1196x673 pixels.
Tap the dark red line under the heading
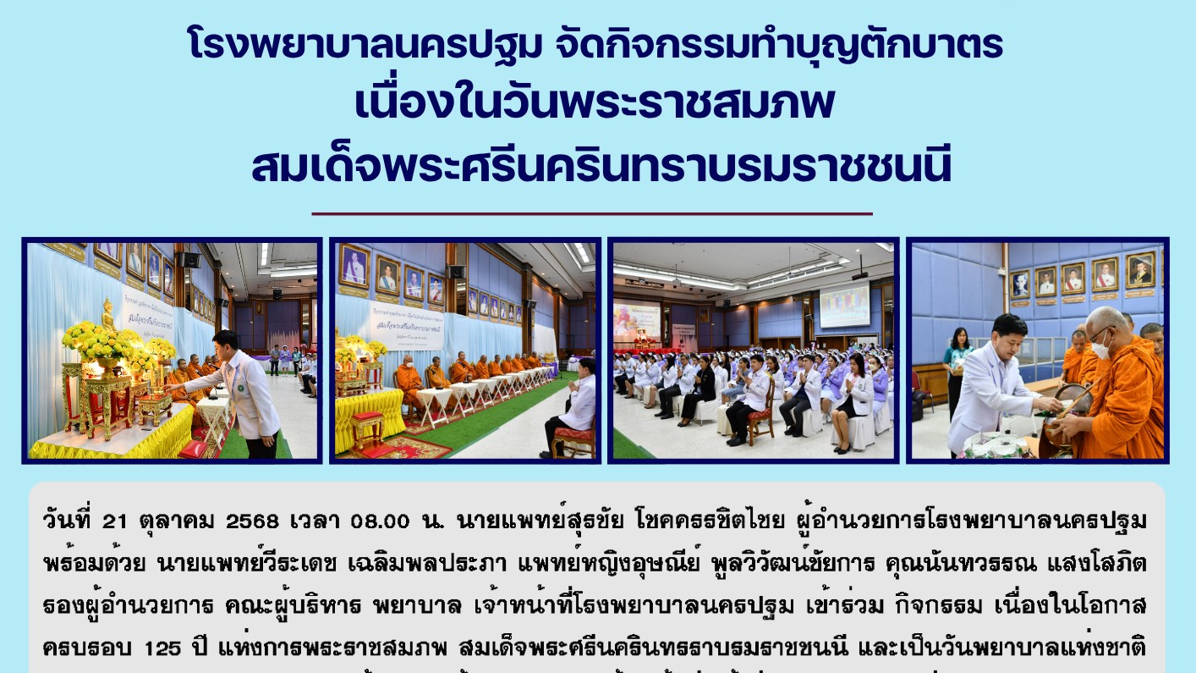coord(592,214)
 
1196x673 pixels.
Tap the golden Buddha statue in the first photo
coord(108,315)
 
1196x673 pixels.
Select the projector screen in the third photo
coord(843,306)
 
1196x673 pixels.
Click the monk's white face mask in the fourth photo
coord(1101,345)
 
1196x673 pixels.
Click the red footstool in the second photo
coord(366,428)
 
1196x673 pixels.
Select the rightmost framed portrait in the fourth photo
coord(1139,269)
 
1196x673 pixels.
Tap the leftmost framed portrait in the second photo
coord(354,265)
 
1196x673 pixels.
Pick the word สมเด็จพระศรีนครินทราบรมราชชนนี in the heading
coord(601,167)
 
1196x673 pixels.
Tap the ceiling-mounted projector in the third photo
coord(860,275)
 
